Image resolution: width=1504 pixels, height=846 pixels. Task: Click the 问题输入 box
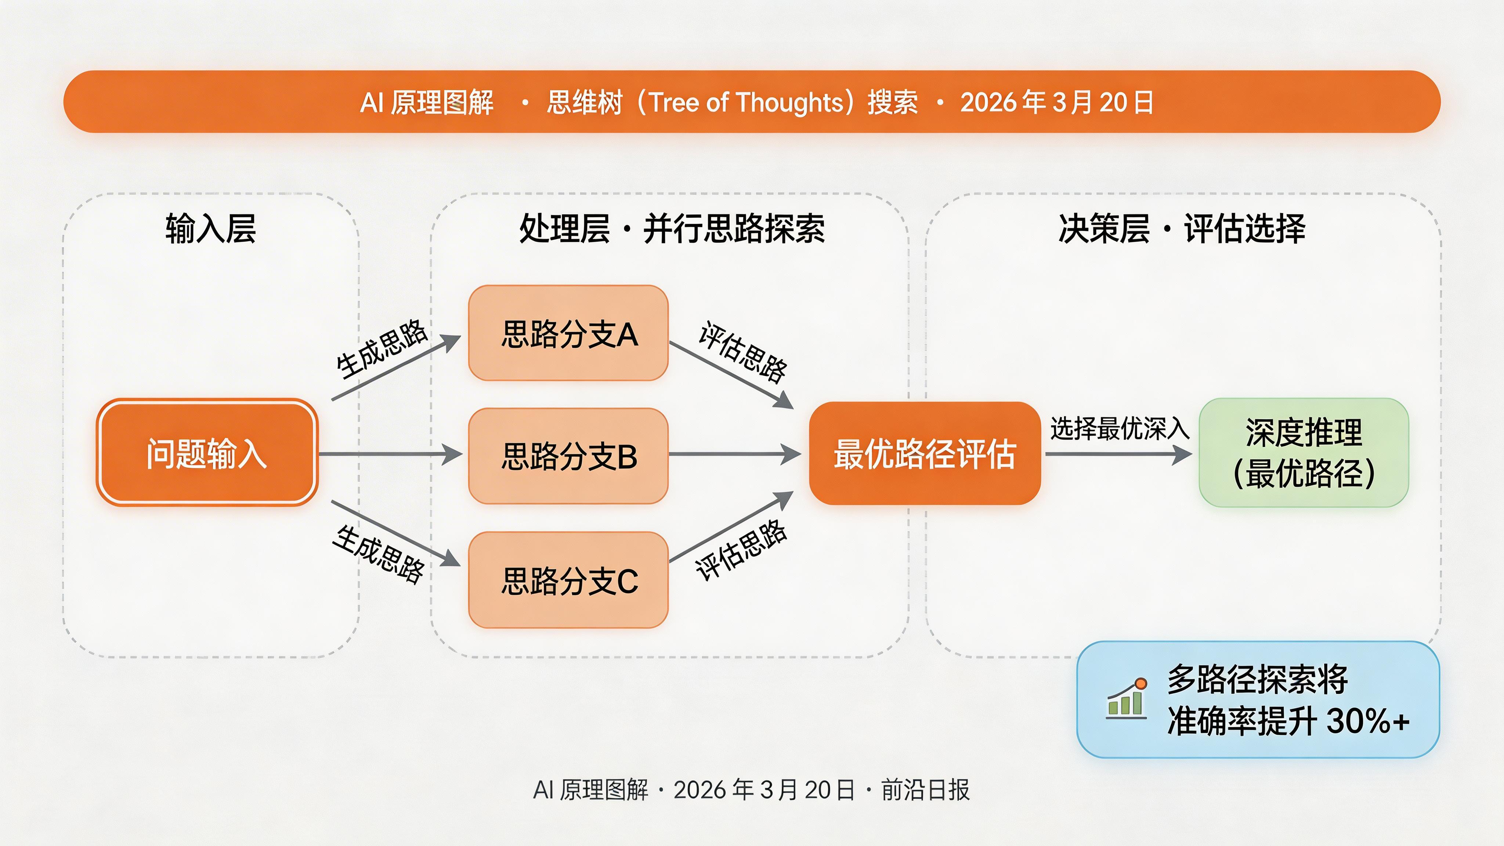tap(207, 452)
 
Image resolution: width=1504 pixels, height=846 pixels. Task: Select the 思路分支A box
tap(568, 333)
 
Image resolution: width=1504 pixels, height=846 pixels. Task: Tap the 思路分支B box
tap(568, 456)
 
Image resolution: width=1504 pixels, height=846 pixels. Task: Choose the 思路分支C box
tap(568, 580)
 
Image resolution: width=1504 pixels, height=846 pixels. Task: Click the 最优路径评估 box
tap(924, 453)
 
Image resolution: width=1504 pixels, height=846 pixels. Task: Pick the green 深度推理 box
tap(1303, 452)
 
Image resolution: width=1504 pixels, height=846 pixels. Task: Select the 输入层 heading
tap(210, 228)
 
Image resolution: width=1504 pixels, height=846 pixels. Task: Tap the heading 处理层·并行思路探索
tap(672, 228)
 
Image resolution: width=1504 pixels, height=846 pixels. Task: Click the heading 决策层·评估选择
tap(1181, 228)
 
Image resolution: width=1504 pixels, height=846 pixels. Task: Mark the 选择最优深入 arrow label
tap(1119, 429)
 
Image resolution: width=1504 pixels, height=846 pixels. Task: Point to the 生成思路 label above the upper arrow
tap(381, 348)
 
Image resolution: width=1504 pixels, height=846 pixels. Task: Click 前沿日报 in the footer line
tap(925, 790)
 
